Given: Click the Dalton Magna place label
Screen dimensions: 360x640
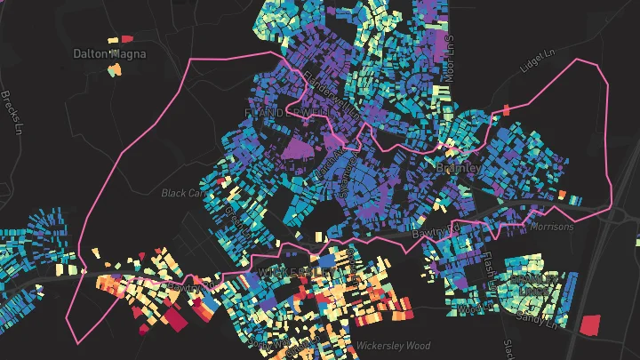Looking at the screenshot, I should pyautogui.click(x=109, y=53).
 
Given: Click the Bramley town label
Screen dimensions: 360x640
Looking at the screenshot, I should pyautogui.click(x=459, y=167).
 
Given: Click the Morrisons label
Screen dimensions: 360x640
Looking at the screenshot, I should pyautogui.click(x=552, y=227).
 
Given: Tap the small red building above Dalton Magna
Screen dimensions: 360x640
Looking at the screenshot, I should pyautogui.click(x=126, y=38).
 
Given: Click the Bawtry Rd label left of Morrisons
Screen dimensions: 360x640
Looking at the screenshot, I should pyautogui.click(x=434, y=234).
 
